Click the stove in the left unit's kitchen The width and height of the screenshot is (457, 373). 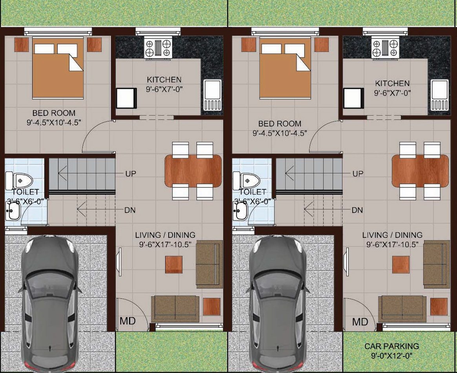158,48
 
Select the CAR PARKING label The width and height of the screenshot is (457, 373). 391,346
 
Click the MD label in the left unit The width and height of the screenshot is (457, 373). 127,321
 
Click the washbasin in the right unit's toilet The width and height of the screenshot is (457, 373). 240,211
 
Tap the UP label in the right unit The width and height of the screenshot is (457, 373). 358,173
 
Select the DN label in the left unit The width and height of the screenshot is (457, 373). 130,210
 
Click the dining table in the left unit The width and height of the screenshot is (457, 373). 193,171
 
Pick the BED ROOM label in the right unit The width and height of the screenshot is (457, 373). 280,123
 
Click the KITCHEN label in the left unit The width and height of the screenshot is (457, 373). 164,79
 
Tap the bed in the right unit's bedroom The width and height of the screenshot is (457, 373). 285,68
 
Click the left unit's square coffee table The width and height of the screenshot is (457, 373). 174,265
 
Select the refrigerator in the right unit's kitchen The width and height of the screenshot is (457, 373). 353,98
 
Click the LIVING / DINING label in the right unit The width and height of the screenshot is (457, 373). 392,235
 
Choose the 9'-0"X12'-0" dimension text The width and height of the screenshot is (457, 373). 391,356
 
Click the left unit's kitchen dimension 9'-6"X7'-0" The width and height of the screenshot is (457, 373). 164,89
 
